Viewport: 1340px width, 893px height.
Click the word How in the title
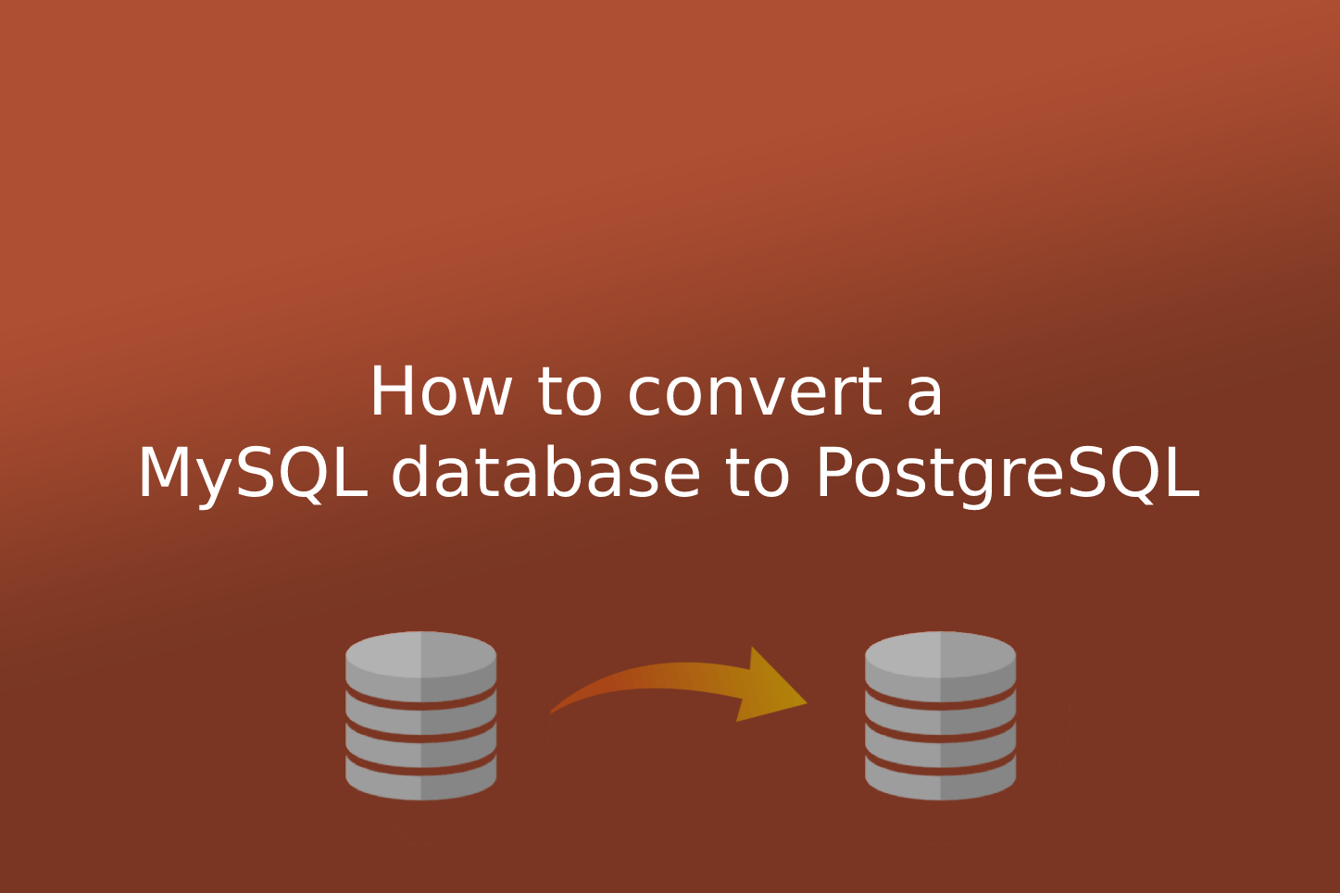(x=440, y=392)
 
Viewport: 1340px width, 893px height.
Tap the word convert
(x=755, y=392)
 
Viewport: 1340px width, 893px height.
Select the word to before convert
(x=569, y=392)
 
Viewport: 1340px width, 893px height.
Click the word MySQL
(x=252, y=474)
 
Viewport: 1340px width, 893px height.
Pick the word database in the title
(x=545, y=474)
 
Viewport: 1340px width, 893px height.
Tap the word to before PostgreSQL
(x=757, y=474)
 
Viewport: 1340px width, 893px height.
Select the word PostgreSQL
(x=1007, y=474)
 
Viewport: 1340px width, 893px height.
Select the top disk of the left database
(x=420, y=654)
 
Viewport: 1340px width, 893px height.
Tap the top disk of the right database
(x=940, y=654)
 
